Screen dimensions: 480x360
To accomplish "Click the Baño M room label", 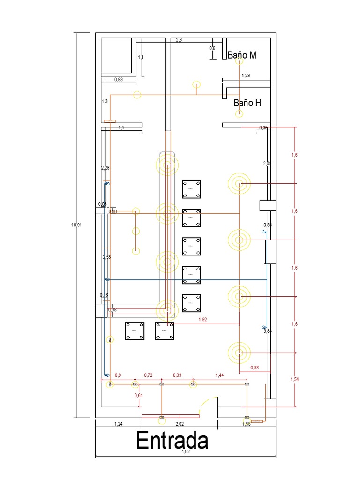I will [242, 55].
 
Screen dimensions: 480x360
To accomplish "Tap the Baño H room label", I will [247, 103].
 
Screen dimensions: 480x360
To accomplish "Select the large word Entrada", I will [172, 441].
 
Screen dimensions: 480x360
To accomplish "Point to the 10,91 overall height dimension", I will [76, 225].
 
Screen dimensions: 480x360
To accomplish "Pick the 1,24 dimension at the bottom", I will [119, 424].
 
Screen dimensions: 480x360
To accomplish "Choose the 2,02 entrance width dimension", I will [180, 424].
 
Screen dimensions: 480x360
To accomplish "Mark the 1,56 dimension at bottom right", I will [246, 424].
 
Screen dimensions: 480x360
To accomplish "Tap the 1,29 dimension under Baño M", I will [246, 75].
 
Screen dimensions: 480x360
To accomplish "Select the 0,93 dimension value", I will [119, 80].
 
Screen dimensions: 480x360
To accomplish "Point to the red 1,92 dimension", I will [202, 320].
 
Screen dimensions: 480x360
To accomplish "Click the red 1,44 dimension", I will [219, 375].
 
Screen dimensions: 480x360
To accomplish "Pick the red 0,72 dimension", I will [148, 375].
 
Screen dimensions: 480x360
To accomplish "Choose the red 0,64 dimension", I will [138, 396].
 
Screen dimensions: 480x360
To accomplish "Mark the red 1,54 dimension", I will [294, 379].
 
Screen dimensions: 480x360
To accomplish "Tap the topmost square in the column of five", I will [191, 189].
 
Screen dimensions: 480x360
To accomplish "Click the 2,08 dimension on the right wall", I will [267, 163].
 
